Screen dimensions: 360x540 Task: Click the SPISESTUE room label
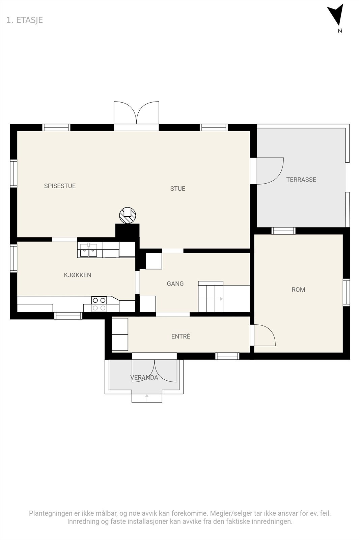click(60, 186)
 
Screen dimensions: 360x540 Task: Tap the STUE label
click(178, 189)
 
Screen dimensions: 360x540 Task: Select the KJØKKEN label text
click(78, 275)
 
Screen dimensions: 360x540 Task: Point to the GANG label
click(175, 283)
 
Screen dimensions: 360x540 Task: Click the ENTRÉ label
click(181, 336)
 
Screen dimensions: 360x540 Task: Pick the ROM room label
click(298, 290)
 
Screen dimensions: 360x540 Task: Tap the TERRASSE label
click(301, 180)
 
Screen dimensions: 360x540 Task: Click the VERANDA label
click(144, 378)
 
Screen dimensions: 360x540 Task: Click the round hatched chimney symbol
click(128, 215)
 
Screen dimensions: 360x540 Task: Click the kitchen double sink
click(88, 250)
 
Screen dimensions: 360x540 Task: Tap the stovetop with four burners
click(99, 304)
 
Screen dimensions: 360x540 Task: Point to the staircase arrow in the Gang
click(211, 299)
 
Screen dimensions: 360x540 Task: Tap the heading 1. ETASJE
click(25, 20)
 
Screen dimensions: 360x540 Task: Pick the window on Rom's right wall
click(346, 292)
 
